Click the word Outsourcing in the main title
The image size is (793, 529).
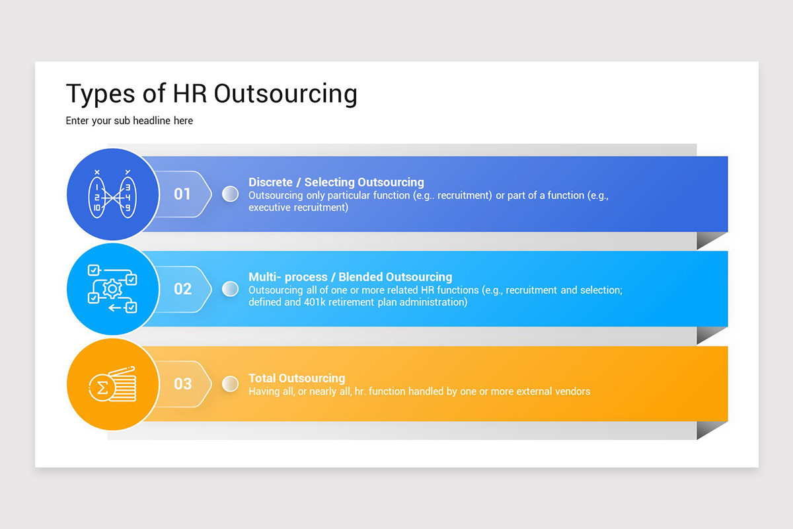tap(285, 94)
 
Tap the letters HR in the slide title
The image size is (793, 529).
tap(190, 94)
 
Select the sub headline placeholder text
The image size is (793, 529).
tap(130, 121)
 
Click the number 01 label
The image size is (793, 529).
tap(182, 194)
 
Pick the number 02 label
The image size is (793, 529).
tap(182, 289)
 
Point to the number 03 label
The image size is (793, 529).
tap(182, 384)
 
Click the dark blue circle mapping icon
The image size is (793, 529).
tap(112, 194)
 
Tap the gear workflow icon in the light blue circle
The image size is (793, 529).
tap(112, 289)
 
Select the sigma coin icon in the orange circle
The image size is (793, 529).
tap(112, 384)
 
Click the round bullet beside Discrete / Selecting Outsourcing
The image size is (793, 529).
tap(230, 194)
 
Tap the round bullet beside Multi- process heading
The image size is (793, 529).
tap(230, 289)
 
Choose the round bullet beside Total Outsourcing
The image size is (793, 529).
tap(230, 384)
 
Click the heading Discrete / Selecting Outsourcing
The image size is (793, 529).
tap(336, 183)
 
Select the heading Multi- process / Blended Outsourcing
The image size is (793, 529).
tap(350, 277)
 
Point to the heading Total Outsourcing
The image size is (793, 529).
tap(297, 378)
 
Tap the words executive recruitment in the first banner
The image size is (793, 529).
tap(298, 207)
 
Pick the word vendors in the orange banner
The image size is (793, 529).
tap(572, 391)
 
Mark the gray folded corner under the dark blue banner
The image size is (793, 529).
tap(710, 241)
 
